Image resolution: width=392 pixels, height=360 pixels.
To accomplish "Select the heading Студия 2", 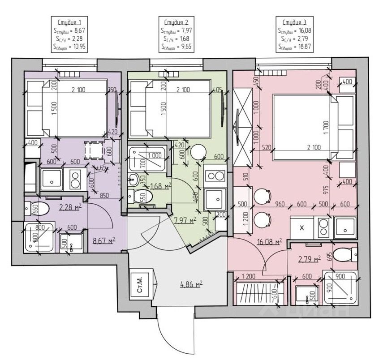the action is [x=176, y=22].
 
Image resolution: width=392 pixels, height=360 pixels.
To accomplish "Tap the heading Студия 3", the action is [x=294, y=22].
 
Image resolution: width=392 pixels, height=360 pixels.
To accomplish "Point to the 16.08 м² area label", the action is [x=269, y=242].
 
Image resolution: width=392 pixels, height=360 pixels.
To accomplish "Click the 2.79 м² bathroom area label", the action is [x=310, y=259].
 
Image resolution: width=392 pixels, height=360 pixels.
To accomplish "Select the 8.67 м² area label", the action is [x=103, y=240].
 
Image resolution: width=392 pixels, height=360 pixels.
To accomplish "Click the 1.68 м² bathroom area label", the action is [x=161, y=186].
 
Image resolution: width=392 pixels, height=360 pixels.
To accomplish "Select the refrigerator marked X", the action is [x=302, y=227].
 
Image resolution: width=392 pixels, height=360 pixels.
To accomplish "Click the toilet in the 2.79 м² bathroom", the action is [x=345, y=254].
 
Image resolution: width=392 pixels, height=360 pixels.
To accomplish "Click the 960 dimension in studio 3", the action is [x=280, y=204].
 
